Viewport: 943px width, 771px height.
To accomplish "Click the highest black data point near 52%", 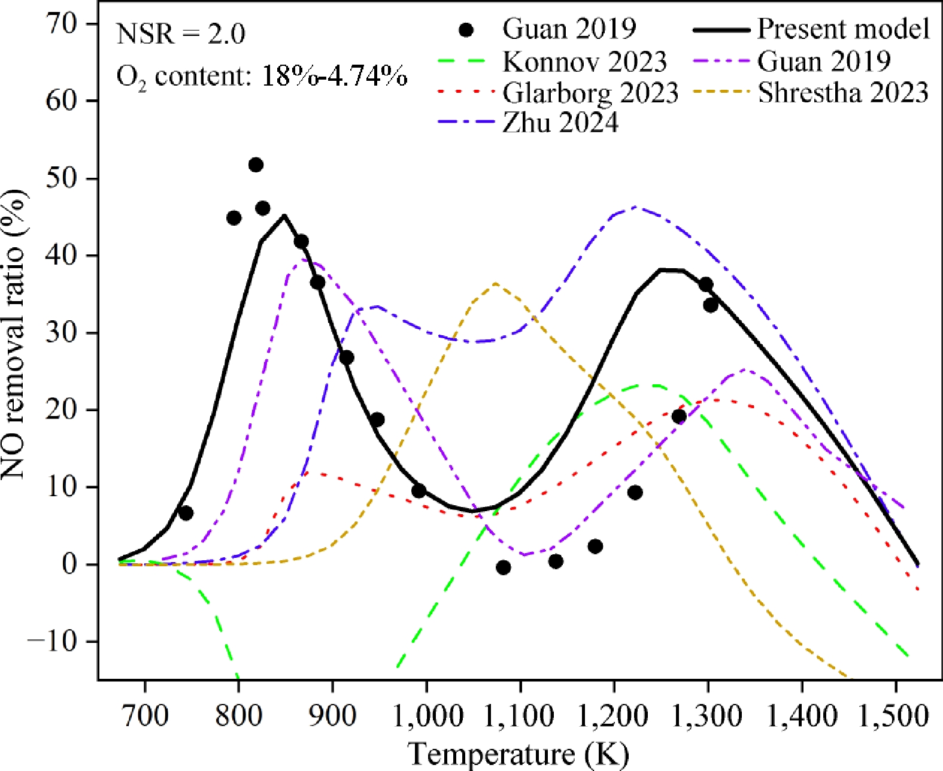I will tap(256, 165).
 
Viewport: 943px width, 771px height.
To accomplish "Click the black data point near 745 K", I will tap(186, 513).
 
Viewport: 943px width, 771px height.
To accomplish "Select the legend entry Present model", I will tap(842, 29).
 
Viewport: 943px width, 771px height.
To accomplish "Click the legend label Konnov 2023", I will tap(584, 61).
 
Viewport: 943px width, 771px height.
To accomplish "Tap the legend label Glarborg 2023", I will tap(590, 93).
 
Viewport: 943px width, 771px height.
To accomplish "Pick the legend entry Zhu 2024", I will tap(560, 123).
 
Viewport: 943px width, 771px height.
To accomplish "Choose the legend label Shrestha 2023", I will tap(842, 93).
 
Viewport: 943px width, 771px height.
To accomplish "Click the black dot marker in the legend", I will tap(466, 29).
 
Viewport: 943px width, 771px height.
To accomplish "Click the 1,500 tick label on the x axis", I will tap(895, 716).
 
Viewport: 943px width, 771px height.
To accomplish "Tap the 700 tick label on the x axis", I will tap(144, 716).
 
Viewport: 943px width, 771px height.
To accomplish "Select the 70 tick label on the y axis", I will tap(62, 24).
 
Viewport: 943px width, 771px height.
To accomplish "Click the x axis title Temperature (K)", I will tap(519, 754).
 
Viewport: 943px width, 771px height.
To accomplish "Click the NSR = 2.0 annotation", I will tap(181, 34).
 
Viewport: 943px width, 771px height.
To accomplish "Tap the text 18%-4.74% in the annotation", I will tap(335, 76).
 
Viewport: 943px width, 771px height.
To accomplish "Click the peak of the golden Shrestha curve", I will tap(496, 284).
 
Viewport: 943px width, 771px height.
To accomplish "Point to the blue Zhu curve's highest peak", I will tap(635, 208).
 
